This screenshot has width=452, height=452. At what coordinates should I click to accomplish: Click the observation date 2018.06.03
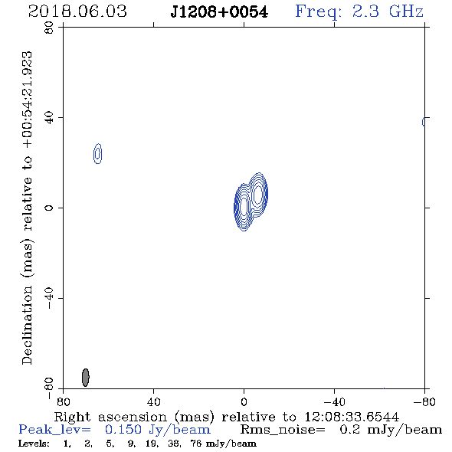[77, 11]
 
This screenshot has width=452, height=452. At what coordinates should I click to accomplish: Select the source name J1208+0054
[219, 11]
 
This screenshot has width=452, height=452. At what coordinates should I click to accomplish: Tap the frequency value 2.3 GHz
[388, 11]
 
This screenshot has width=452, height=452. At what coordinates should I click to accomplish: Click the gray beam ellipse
[86, 378]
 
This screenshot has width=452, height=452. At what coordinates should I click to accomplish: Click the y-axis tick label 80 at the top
[49, 28]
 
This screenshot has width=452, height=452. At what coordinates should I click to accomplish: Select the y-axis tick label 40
[49, 118]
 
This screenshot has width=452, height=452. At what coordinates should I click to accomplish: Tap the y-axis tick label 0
[49, 208]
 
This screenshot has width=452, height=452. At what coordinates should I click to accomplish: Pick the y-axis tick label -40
[49, 298]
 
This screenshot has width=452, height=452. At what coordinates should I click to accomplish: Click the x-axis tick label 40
[153, 401]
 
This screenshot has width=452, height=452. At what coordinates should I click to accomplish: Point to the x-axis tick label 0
[244, 401]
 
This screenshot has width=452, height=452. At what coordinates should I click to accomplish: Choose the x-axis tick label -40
[334, 401]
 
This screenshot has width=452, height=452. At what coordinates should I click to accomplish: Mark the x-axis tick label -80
[424, 401]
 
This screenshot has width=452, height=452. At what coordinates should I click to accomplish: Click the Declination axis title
[28, 208]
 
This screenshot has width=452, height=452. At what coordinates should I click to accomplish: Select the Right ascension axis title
[227, 417]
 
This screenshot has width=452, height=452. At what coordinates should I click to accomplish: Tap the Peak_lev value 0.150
[123, 430]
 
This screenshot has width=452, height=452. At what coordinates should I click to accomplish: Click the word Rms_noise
[283, 430]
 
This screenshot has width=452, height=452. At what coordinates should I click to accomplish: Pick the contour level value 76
[195, 443]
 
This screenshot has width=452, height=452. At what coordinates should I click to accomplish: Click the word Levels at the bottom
[34, 443]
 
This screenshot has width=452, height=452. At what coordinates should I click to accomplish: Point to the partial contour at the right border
[423, 122]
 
